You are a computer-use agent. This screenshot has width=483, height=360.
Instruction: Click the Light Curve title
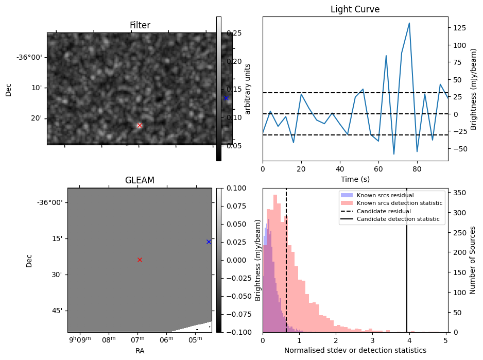(x=355, y=9)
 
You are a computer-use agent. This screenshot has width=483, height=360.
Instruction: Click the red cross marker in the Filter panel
(x=140, y=125)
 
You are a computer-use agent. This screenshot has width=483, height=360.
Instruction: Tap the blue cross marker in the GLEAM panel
(x=209, y=242)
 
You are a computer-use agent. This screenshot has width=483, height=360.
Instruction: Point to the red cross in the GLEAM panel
(x=140, y=260)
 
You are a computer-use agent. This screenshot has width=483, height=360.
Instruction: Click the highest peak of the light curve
(x=409, y=23)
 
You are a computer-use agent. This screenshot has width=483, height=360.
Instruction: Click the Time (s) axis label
(x=355, y=179)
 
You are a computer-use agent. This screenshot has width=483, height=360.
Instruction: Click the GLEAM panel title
(x=140, y=180)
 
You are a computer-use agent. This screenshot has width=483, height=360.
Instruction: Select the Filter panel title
(x=140, y=25)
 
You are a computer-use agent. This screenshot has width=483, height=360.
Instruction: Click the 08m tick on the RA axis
(x=109, y=340)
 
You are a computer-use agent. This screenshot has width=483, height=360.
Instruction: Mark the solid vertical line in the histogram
(x=407, y=268)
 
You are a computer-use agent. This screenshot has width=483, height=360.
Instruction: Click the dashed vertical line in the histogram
(x=286, y=268)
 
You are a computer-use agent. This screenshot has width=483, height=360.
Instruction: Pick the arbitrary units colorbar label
(x=248, y=89)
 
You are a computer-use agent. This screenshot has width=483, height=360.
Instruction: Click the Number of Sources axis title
(x=472, y=260)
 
